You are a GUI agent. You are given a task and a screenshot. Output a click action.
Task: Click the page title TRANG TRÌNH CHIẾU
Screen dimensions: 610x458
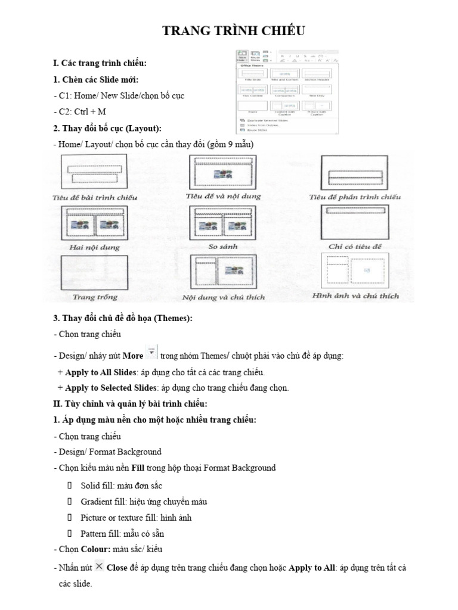point(234,32)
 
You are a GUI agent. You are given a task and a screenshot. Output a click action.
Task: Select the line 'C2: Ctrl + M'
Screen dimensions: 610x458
point(82,111)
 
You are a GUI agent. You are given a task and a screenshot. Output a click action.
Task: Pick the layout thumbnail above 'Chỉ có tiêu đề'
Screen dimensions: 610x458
point(354,222)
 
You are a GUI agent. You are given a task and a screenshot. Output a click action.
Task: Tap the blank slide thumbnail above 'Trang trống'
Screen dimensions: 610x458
point(94,271)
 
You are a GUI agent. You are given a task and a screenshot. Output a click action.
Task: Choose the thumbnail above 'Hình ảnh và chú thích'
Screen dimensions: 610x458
point(354,270)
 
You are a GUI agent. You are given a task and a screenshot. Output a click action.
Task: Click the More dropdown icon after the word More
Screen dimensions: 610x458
point(151,354)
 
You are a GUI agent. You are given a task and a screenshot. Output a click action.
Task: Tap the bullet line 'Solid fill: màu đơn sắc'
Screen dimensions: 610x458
point(121,485)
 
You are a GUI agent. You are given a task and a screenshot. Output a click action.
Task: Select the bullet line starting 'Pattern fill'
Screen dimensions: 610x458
point(122,533)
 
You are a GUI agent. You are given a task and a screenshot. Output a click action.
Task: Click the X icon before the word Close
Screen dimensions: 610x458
point(99,567)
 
